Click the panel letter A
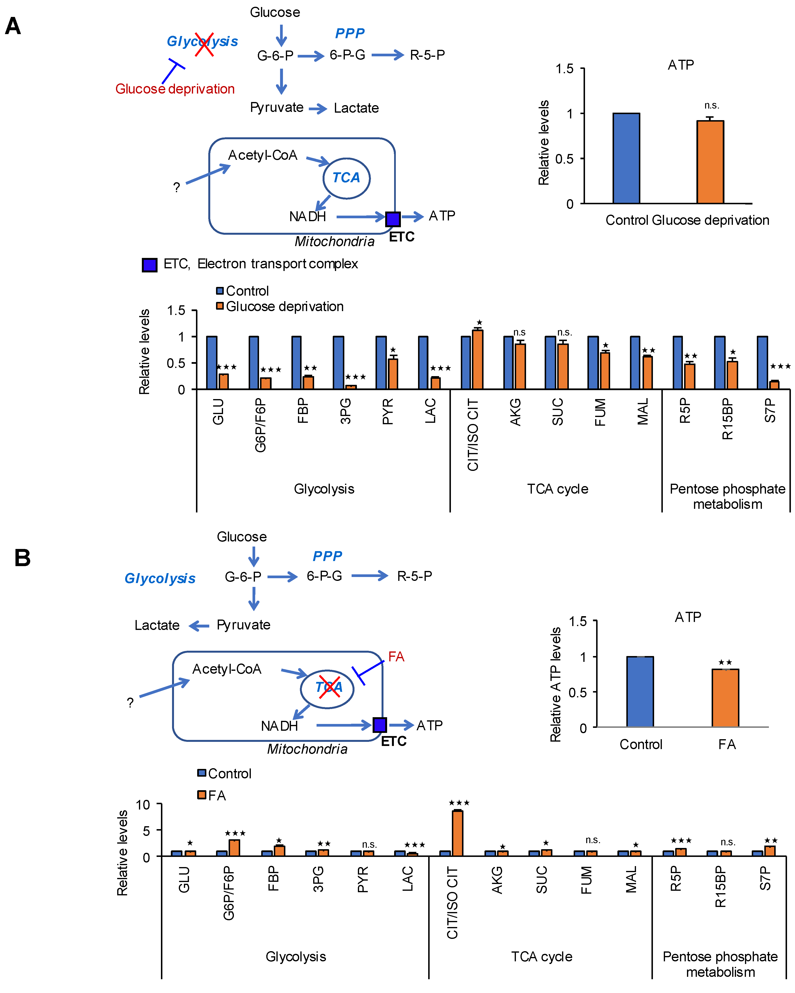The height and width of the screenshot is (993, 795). coord(13,26)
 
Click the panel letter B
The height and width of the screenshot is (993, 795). coord(22,558)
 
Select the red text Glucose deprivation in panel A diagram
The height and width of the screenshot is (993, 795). coord(175,89)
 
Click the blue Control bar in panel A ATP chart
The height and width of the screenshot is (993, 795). coord(626,158)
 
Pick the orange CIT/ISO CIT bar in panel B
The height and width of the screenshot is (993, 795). coord(457,833)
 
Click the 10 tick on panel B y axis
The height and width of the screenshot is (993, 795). coord(143,805)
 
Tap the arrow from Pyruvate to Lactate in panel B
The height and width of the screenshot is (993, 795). coord(199,626)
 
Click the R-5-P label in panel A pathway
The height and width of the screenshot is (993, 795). coord(427,55)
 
